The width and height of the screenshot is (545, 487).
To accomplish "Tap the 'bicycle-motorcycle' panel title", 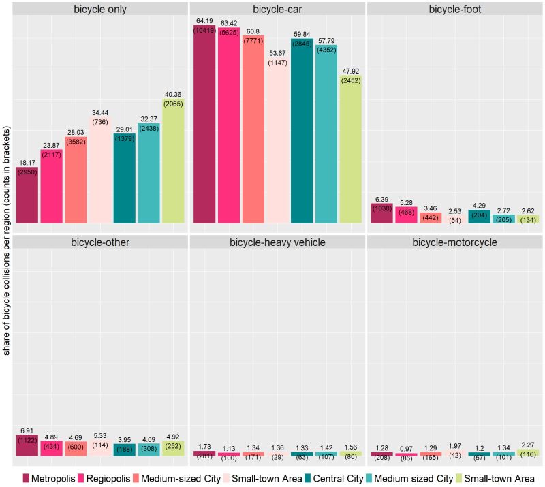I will click(x=455, y=243).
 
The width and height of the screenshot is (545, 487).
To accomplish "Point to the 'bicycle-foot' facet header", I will click(x=455, y=10).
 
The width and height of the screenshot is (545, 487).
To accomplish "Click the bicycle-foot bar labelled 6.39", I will click(x=381, y=213).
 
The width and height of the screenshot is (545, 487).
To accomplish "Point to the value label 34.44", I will click(x=100, y=111).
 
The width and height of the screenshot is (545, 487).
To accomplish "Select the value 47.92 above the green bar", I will click(x=351, y=68).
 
